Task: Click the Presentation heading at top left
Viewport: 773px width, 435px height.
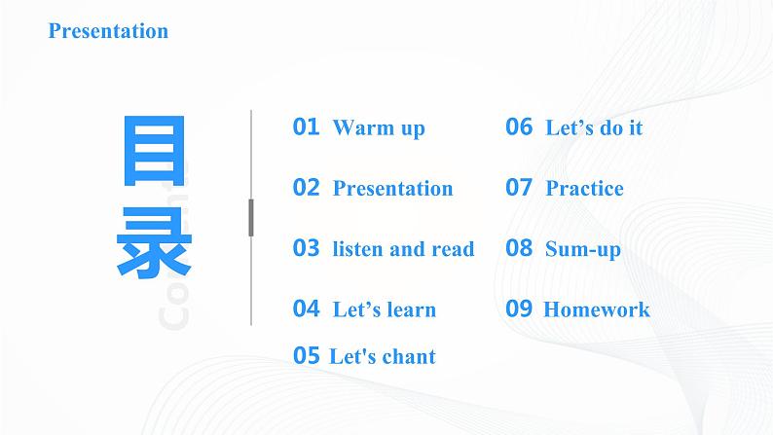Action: [108, 31]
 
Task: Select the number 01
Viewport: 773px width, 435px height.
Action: [306, 127]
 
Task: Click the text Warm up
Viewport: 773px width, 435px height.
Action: [379, 128]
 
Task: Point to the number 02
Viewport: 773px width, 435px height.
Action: [306, 188]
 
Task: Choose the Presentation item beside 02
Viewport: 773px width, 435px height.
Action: [392, 189]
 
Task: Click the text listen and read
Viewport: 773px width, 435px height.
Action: [403, 249]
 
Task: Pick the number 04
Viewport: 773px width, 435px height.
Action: [306, 309]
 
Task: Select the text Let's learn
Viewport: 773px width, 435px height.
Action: [384, 310]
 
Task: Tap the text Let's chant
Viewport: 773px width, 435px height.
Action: [382, 357]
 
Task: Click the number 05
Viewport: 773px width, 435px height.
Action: [306, 356]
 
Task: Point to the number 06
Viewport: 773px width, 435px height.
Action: [519, 127]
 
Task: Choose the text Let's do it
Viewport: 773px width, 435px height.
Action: [594, 128]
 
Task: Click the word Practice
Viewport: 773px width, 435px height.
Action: [584, 189]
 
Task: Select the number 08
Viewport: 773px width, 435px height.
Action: [519, 248]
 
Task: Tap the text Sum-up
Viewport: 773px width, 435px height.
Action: [582, 250]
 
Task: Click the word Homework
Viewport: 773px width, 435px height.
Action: [596, 310]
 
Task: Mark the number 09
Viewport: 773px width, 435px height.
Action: [519, 309]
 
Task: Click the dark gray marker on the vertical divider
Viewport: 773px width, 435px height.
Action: [251, 217]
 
